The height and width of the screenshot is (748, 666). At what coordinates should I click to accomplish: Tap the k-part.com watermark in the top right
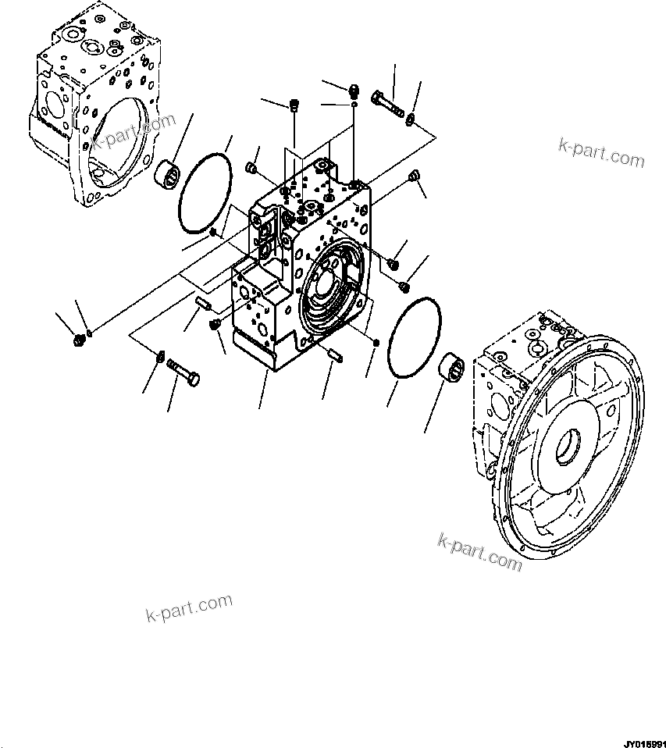(x=601, y=153)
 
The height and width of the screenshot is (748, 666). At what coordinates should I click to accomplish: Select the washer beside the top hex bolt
(x=411, y=119)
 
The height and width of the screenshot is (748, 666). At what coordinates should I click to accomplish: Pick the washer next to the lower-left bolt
(x=160, y=357)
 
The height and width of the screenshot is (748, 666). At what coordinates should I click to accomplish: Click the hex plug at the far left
(x=77, y=339)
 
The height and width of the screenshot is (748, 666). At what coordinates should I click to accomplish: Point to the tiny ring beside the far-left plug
(x=91, y=333)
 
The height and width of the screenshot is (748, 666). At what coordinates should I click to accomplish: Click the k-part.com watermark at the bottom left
(x=189, y=607)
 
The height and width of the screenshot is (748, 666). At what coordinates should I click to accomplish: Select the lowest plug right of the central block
(x=404, y=287)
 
